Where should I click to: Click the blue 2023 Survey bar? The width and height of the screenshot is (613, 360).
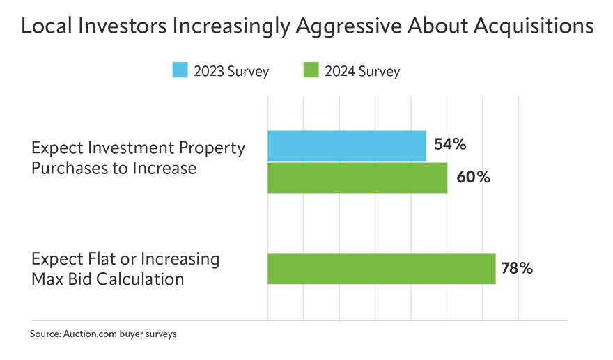click(x=347, y=146)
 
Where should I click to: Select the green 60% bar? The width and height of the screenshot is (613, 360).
click(x=357, y=178)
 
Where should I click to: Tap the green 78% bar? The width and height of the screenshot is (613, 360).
click(x=381, y=269)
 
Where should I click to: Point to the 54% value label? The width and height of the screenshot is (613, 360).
click(x=450, y=145)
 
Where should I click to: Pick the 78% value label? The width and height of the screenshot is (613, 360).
click(x=516, y=269)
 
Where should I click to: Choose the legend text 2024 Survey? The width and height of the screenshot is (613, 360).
click(x=362, y=71)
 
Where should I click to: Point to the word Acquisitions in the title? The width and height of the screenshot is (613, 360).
click(x=534, y=27)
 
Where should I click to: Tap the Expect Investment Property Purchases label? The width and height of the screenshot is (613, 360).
click(x=138, y=158)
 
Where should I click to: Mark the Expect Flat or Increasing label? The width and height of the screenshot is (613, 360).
click(x=125, y=260)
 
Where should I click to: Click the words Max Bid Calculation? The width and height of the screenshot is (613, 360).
click(x=108, y=279)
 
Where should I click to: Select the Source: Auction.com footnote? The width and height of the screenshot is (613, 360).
click(x=103, y=334)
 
